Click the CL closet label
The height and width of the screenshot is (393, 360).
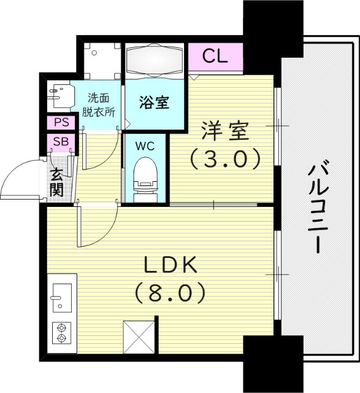(x=215, y=56)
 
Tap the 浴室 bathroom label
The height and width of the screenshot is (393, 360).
(x=155, y=103)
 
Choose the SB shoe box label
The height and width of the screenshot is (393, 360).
(x=61, y=142)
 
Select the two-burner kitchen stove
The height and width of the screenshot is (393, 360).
(x=61, y=332)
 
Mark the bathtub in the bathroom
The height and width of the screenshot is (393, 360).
(x=155, y=62)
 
